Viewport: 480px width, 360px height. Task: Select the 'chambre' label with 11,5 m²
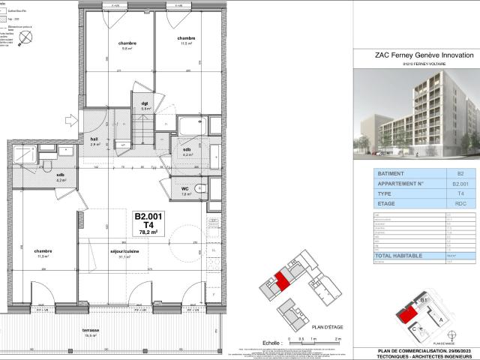pyautogui.click(x=187, y=38)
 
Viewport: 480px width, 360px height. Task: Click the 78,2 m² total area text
pyautogui.click(x=149, y=232)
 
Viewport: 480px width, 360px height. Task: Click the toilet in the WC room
pyautogui.click(x=199, y=189)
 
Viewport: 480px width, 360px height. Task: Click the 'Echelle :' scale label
pyautogui.click(x=264, y=340)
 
